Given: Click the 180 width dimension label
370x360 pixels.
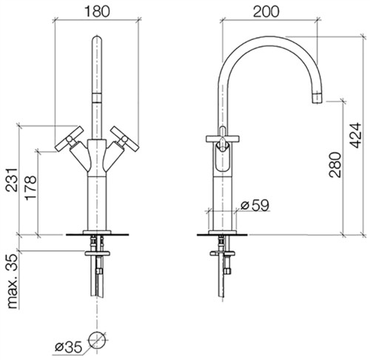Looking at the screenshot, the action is [x=97, y=12].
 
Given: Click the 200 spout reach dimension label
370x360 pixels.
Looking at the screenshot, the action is [x=266, y=12].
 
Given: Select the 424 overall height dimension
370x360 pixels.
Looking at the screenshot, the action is [x=356, y=136].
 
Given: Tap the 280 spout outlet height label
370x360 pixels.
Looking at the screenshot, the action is [x=335, y=164].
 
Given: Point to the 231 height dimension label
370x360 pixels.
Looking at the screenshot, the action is [x=12, y=180].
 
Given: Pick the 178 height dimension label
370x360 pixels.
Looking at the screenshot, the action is [x=30, y=187].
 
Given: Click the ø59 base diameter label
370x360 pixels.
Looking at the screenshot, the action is [x=255, y=205].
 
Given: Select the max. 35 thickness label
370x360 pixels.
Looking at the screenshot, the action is [x=13, y=281].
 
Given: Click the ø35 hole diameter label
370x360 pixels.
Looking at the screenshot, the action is [x=68, y=347].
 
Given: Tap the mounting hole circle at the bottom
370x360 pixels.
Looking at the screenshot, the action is [x=98, y=341].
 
